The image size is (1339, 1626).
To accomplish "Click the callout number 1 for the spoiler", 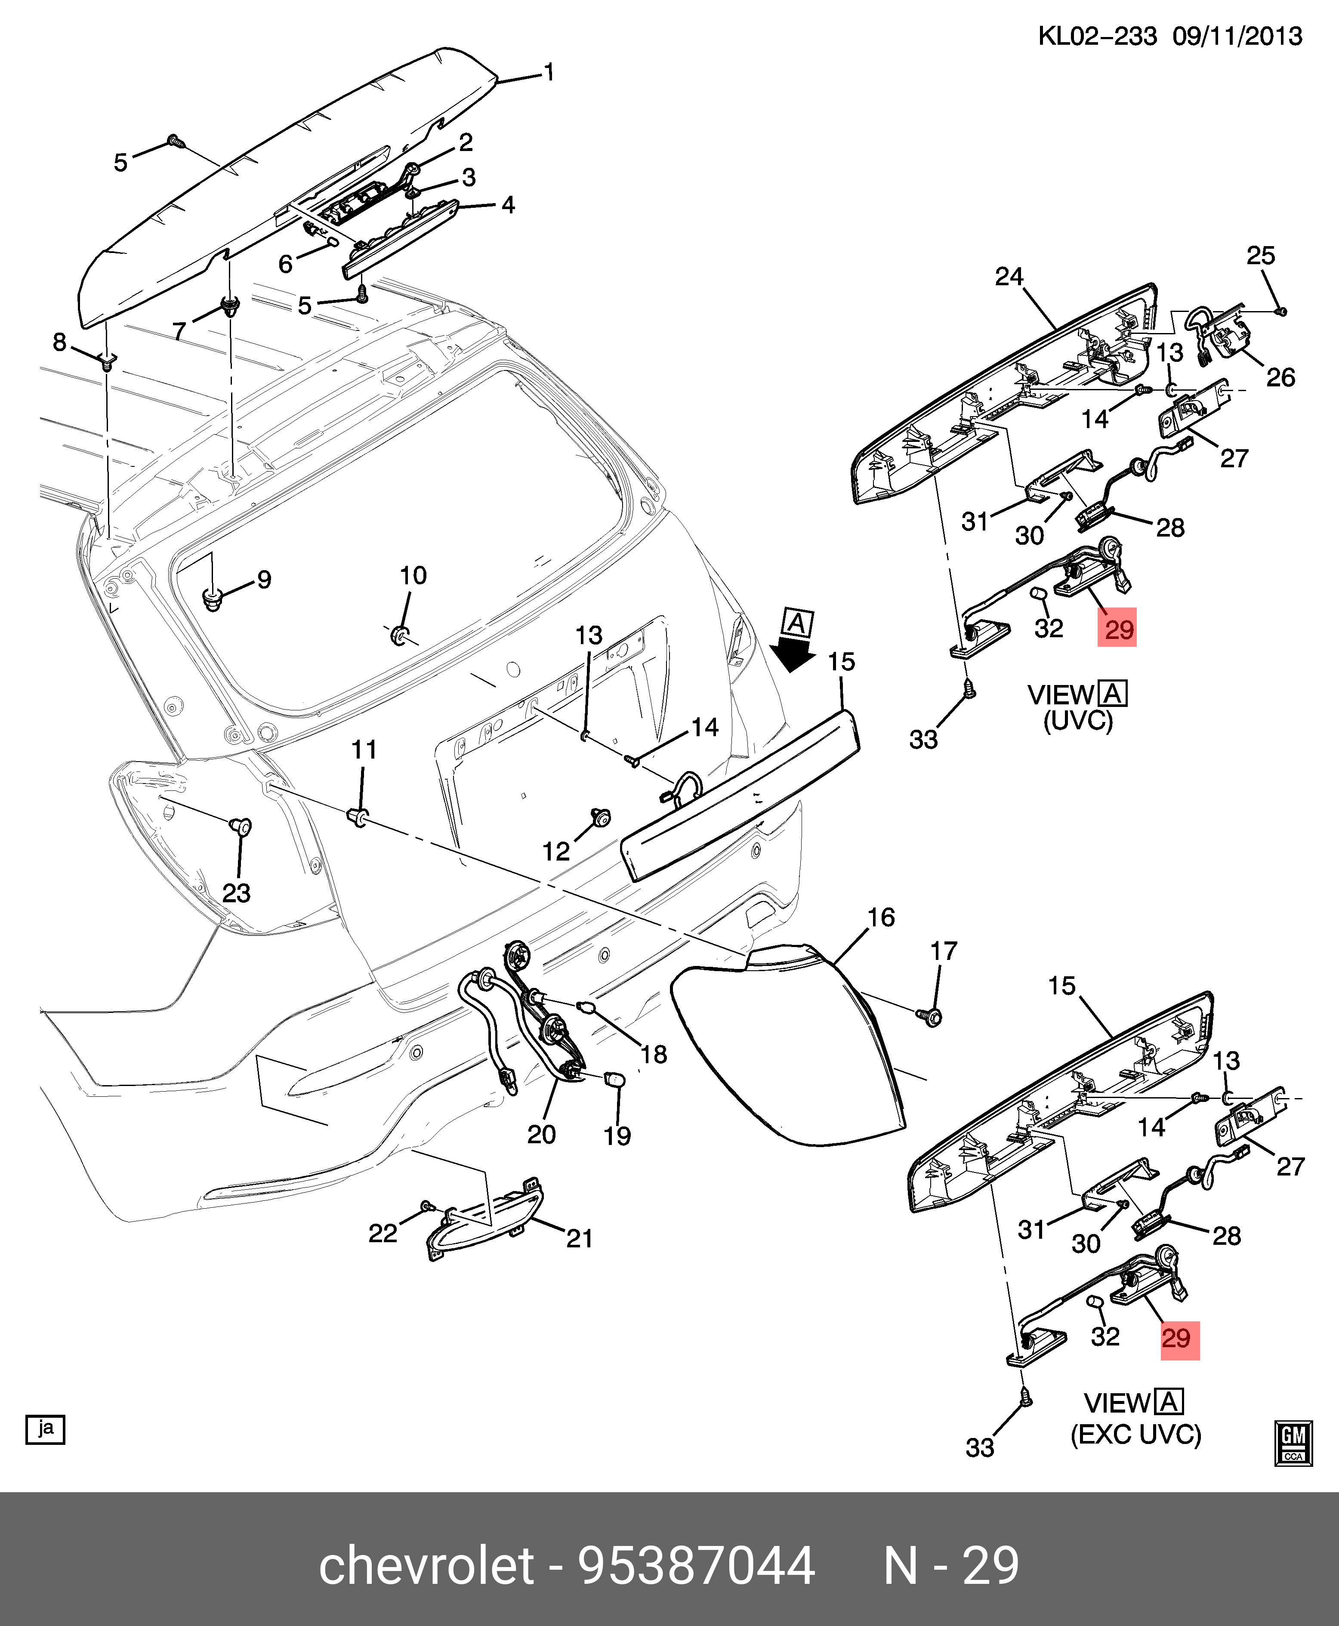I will click(x=549, y=73).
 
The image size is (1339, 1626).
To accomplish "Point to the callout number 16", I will click(x=881, y=917).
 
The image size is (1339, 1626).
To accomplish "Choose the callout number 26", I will click(x=1280, y=377).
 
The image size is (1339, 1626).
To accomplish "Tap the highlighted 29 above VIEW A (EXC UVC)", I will click(x=1179, y=1338).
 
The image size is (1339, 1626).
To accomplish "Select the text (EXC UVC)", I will click(x=1135, y=1434).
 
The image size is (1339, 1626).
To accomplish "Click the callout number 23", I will click(x=236, y=893).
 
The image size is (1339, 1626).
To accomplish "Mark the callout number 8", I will click(x=59, y=342).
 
